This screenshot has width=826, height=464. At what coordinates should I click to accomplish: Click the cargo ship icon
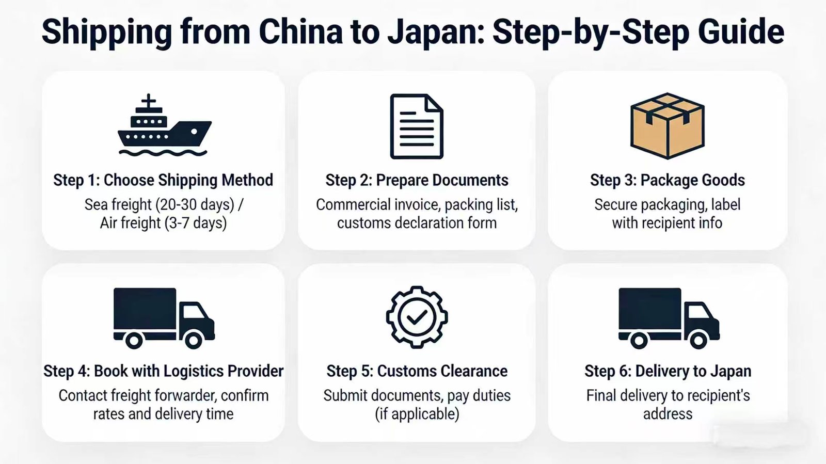(164, 126)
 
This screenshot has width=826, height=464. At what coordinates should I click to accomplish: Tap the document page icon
(416, 126)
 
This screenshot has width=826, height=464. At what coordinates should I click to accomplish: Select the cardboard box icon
(667, 125)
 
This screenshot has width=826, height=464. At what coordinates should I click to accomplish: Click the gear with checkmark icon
(417, 317)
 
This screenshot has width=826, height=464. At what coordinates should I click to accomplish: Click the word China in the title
(300, 32)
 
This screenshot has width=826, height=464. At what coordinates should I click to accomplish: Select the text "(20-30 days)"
(195, 205)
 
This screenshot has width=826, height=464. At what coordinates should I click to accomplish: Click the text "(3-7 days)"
(196, 223)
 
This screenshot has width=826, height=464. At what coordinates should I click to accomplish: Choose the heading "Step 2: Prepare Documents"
(417, 180)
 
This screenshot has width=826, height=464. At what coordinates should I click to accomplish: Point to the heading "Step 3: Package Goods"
(667, 180)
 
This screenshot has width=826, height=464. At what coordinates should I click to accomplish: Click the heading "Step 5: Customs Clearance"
(417, 371)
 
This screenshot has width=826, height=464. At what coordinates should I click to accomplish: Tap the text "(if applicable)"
(417, 414)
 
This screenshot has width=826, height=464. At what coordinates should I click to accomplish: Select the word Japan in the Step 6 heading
(730, 371)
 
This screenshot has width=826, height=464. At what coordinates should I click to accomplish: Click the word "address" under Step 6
(668, 414)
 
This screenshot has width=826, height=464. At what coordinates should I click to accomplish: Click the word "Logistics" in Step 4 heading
(194, 371)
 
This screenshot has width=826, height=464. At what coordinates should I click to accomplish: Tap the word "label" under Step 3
(725, 205)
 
